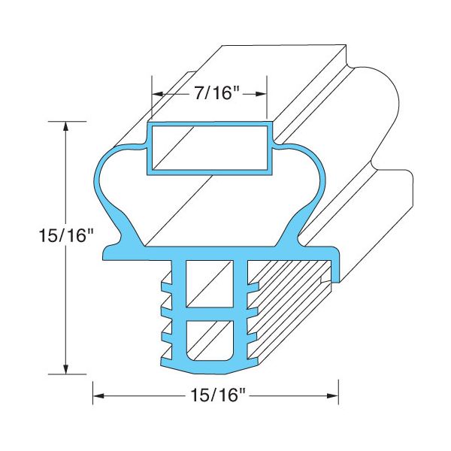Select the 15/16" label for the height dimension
point(66,236)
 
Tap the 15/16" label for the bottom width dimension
point(216,395)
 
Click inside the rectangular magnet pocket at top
point(209,147)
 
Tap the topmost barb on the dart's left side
point(165,284)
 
